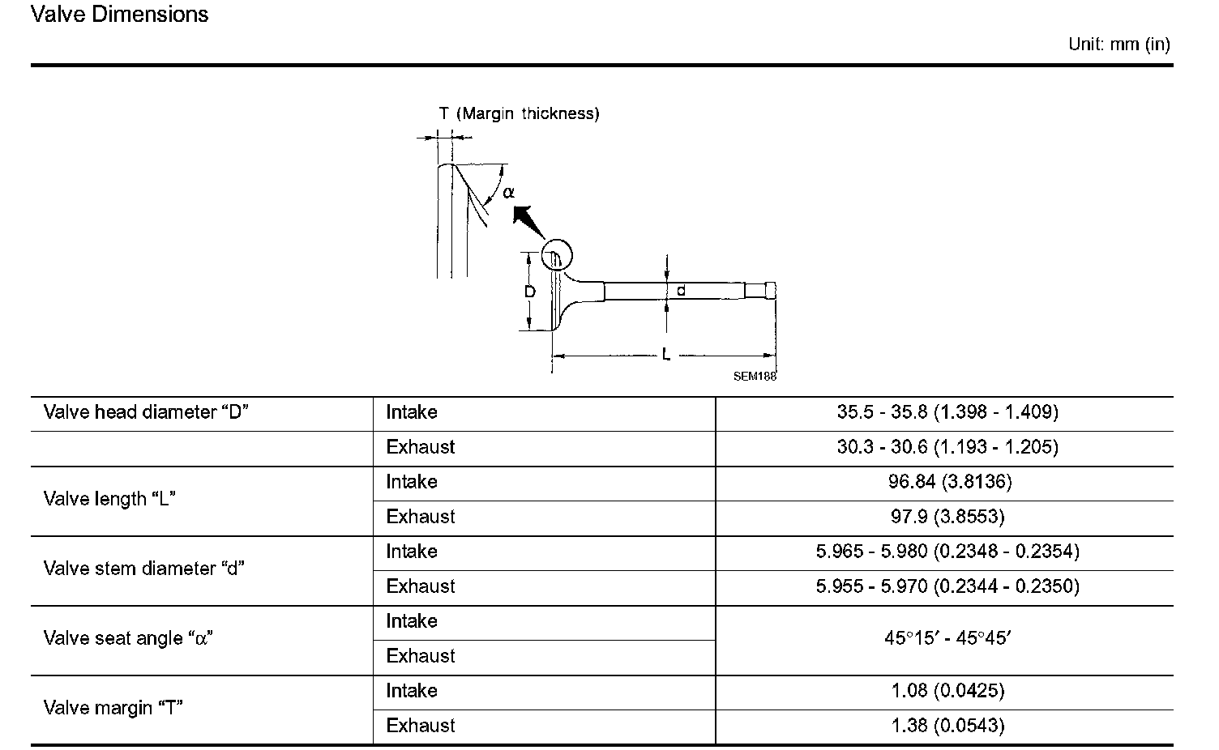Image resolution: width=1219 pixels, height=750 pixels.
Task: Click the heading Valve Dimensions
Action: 119,15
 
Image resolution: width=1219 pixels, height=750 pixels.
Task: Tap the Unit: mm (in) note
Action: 1118,45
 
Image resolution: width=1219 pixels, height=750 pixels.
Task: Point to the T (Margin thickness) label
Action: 519,113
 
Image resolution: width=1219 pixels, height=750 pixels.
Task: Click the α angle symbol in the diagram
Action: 508,193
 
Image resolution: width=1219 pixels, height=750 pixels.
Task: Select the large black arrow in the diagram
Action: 524,217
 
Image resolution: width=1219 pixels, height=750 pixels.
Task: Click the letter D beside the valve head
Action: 530,292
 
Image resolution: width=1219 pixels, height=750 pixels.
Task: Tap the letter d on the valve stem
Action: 681,290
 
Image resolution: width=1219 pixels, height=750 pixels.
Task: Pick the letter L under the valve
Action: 665,355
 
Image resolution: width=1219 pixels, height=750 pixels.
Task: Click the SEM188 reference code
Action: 755,376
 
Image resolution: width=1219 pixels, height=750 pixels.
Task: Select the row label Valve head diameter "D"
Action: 146,412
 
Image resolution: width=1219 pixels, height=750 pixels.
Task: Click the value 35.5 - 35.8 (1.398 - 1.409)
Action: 947,412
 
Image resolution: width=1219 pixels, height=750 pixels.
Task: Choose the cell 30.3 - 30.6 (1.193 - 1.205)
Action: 947,447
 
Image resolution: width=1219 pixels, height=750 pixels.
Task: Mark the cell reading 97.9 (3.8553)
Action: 947,517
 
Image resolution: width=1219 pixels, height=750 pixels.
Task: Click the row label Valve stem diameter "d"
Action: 143,569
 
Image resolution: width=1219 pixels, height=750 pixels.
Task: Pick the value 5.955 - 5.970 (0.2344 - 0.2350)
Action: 947,586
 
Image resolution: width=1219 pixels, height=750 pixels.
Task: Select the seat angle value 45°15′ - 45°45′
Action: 947,638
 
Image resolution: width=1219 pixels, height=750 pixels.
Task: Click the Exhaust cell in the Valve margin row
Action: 420,726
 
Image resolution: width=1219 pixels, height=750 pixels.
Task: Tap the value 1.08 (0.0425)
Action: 947,691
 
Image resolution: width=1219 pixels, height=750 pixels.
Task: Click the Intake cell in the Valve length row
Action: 411,482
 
